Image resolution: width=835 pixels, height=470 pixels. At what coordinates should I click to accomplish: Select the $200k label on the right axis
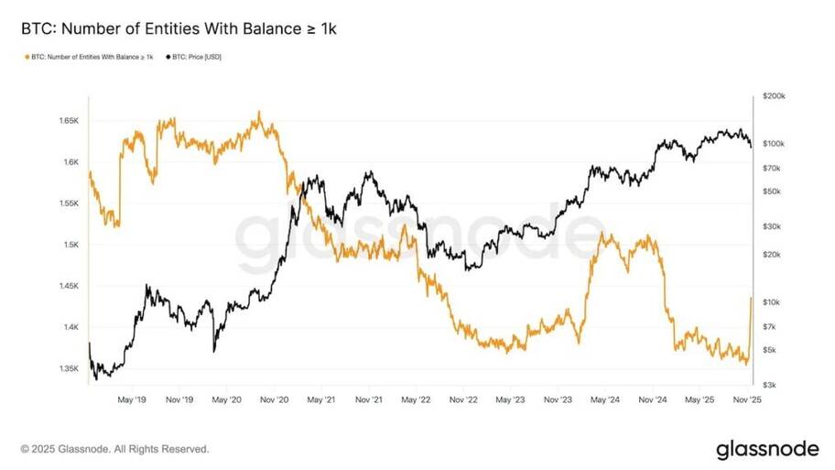coord(774,96)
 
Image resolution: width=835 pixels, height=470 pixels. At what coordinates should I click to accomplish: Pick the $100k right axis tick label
coord(774,144)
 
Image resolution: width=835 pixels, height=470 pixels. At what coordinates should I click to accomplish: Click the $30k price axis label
coord(772,226)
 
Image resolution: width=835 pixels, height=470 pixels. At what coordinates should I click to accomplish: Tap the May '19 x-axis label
coord(133,399)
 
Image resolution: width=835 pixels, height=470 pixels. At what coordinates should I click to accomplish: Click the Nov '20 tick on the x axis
coord(275,399)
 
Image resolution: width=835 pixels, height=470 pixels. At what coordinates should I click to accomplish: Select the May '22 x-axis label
coord(416,399)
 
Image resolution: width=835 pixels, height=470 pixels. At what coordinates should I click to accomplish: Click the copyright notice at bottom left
coord(114,449)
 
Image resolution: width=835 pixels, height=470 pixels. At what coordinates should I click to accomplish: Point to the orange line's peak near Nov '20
coord(259,112)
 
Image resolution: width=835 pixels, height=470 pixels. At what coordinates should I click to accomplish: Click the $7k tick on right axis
coord(771,325)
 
